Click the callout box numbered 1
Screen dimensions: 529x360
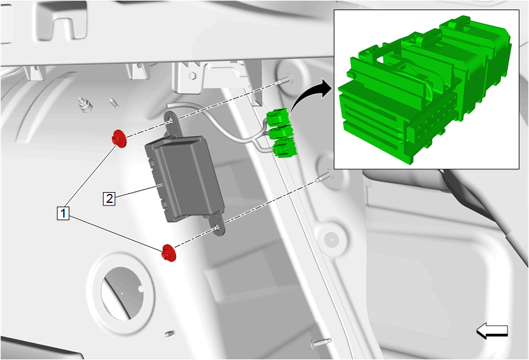(63, 213)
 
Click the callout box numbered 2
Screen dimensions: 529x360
(109, 198)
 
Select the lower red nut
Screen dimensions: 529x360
(169, 253)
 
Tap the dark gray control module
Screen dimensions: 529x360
(184, 179)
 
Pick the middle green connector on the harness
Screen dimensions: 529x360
(280, 132)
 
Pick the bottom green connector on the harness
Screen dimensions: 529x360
(285, 148)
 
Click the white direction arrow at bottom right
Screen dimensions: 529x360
(492, 331)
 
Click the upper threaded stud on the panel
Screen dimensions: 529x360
(285, 80)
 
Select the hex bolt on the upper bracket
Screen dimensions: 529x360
(192, 75)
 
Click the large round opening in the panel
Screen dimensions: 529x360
(122, 293)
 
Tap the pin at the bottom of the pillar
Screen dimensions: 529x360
(320, 342)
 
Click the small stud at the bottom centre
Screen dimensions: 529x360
(170, 334)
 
